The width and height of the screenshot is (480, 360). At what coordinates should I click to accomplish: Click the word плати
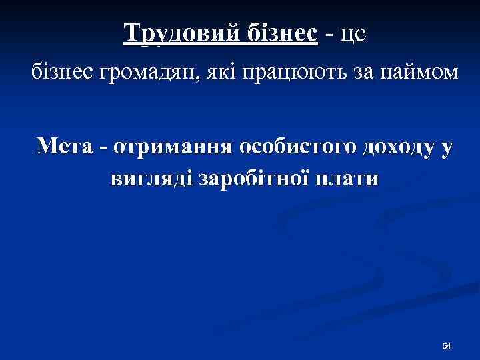[x=347, y=179]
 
